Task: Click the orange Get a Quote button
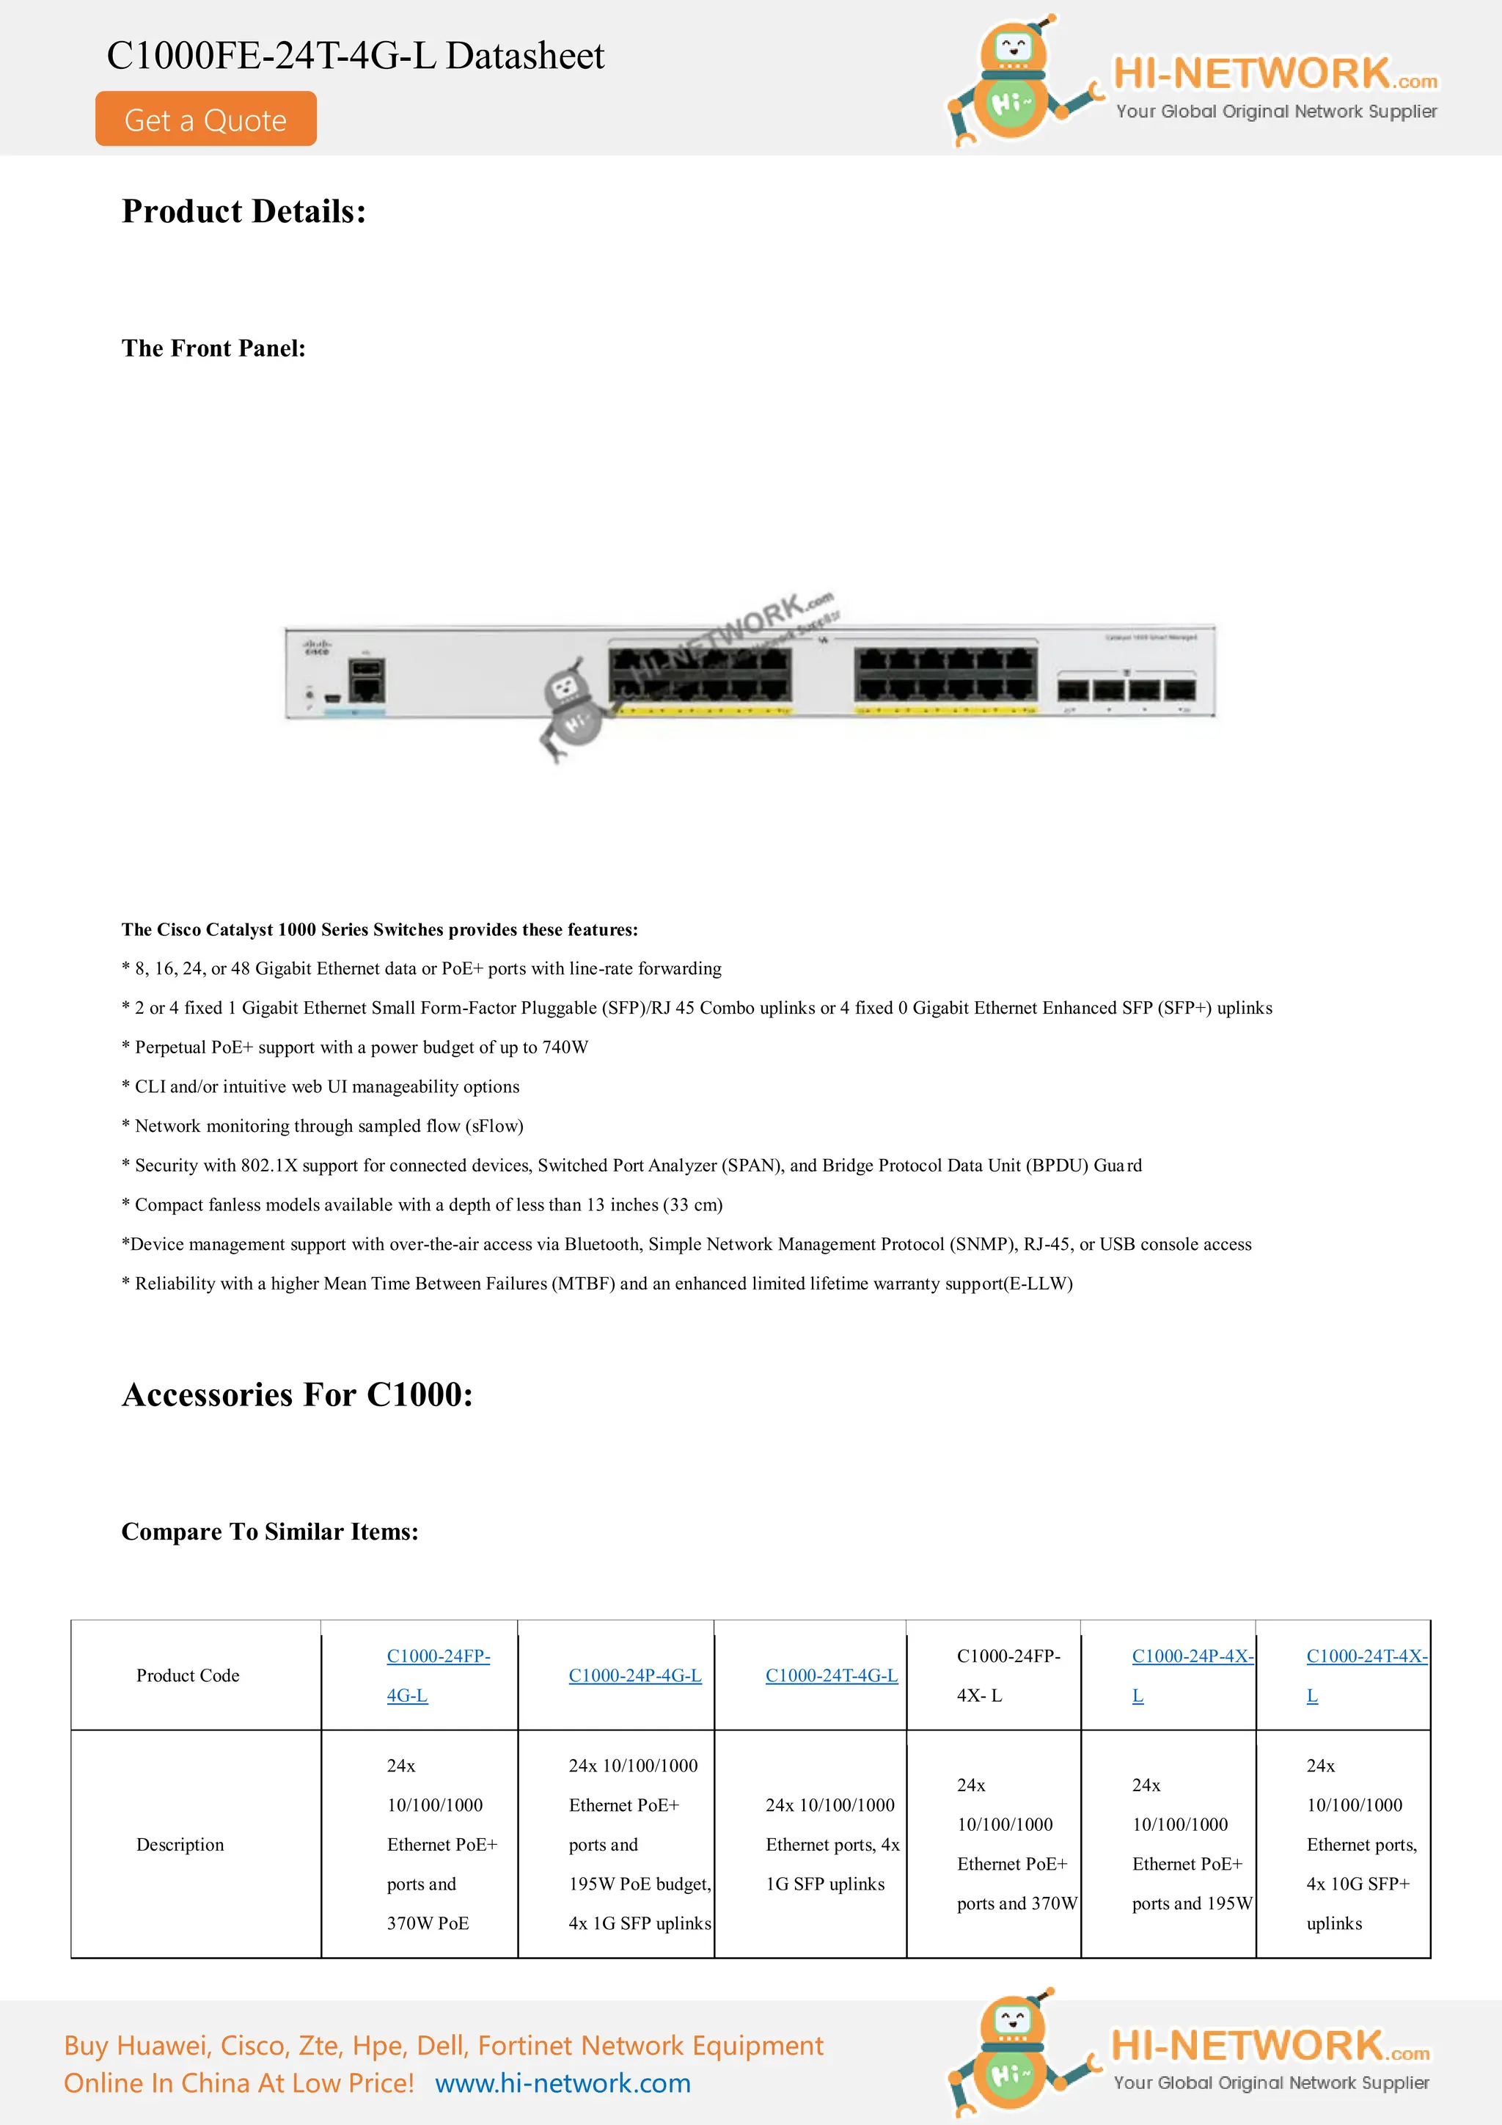(x=205, y=120)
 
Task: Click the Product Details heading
(x=243, y=212)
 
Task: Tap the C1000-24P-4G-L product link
(x=635, y=1675)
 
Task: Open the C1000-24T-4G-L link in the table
(x=831, y=1675)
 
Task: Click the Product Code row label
(x=188, y=1675)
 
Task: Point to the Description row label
(x=180, y=1845)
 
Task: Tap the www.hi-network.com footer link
(x=563, y=2082)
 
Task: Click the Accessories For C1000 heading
(x=297, y=1394)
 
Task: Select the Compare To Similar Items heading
(x=269, y=1532)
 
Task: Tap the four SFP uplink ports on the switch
(x=1126, y=690)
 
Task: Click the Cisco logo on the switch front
(x=317, y=646)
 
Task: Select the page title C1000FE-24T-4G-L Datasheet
(x=356, y=56)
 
